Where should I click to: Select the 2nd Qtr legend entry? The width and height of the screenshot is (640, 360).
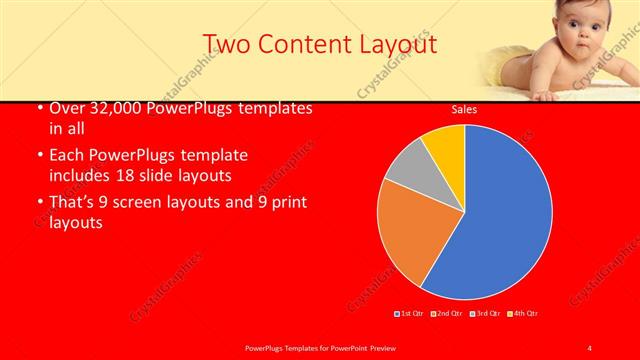pos(447,314)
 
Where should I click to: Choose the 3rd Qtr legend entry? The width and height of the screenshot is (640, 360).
pos(484,314)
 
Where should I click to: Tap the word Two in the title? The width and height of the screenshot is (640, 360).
pos(226,44)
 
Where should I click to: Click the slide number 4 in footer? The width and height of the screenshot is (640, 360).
pos(590,347)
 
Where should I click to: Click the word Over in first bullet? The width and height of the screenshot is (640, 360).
pos(66,109)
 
